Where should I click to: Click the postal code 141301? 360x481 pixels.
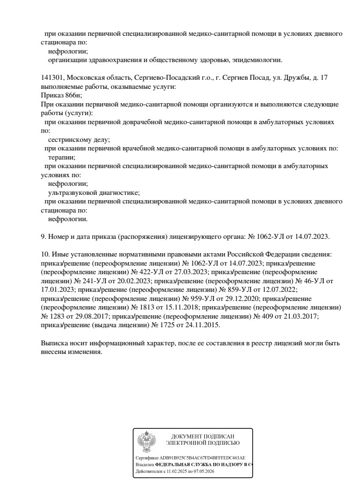point(52,77)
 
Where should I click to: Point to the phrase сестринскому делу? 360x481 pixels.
point(79,139)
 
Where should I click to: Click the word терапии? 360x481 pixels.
point(62,157)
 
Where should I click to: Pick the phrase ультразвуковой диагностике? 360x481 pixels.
point(94,192)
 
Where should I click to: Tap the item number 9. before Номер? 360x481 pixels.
point(44,236)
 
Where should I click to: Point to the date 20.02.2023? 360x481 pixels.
point(133,281)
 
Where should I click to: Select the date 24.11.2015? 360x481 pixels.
point(203,325)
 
